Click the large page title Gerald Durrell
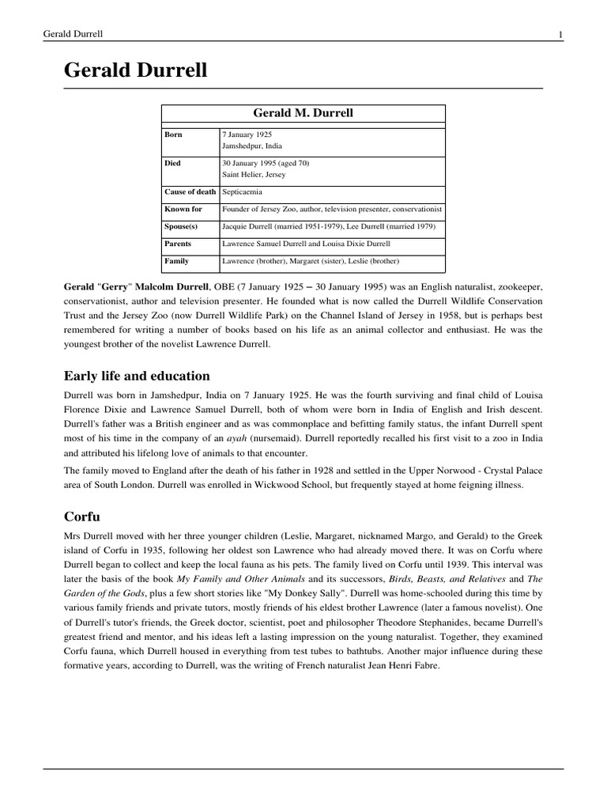pos(135,70)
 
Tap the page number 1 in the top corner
pos(560,34)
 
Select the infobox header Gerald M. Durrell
pos(303,113)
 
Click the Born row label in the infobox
pos(173,134)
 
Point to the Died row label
pos(172,163)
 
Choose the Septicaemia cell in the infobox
pos(242,192)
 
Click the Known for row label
pos(183,210)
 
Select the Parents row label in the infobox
pos(178,244)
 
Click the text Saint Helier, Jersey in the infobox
pos(254,174)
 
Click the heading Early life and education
pos(137,376)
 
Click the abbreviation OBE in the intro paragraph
pos(249,286)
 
